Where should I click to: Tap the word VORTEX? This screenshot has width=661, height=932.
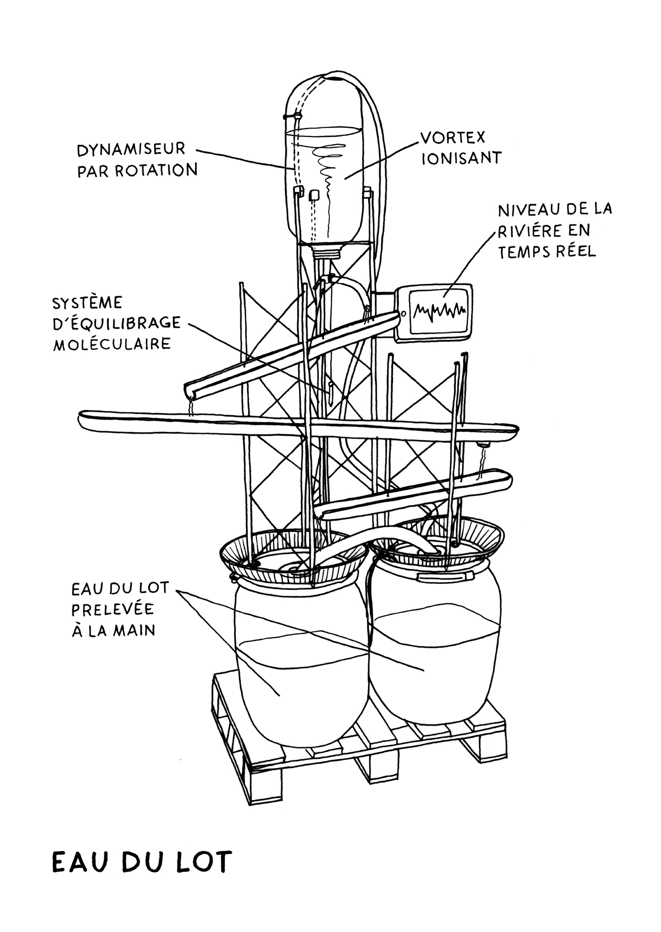[x=453, y=138]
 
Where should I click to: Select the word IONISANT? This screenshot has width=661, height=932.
[x=461, y=158]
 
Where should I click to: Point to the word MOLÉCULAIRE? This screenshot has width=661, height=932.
[x=112, y=344]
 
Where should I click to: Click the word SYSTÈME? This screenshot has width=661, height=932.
[x=87, y=303]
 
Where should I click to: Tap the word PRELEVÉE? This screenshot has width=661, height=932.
[x=112, y=609]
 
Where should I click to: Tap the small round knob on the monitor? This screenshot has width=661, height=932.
[x=403, y=314]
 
